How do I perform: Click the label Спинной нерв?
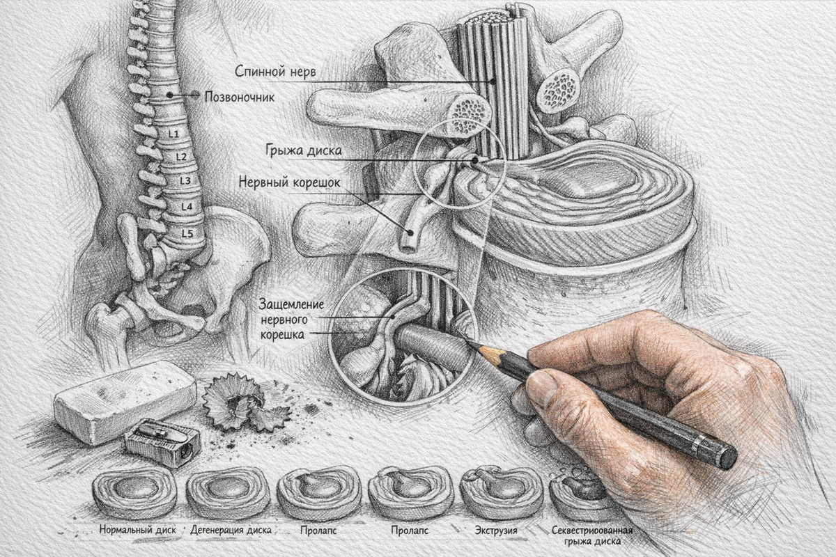click(x=275, y=72)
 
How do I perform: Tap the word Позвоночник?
click(x=240, y=97)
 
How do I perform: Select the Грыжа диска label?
click(x=304, y=150)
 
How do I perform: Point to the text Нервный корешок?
click(x=290, y=183)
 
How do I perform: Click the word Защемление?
click(x=291, y=304)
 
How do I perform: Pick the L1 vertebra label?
click(x=173, y=134)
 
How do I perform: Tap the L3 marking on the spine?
click(x=185, y=180)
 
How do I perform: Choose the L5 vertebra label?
click(x=187, y=233)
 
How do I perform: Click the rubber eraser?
click(x=125, y=402)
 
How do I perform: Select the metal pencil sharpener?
click(x=162, y=442)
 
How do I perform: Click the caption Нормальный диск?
click(x=138, y=530)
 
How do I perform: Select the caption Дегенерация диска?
click(x=231, y=530)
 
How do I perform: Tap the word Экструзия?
click(x=496, y=530)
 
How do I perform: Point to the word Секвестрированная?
click(x=592, y=530)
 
